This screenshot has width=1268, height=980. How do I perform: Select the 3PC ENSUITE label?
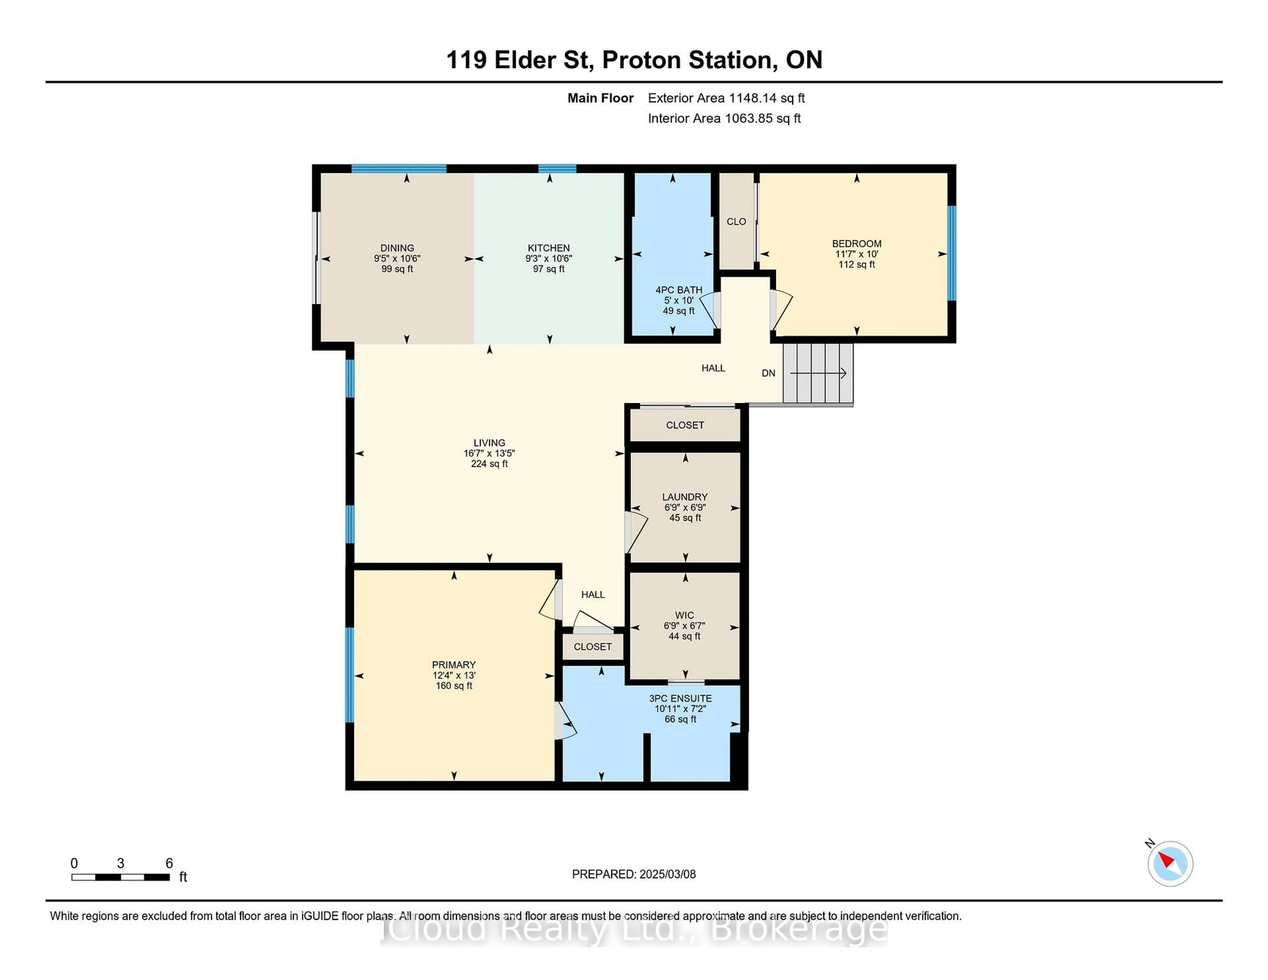click(x=680, y=698)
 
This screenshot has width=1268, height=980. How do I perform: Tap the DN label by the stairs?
click(x=768, y=373)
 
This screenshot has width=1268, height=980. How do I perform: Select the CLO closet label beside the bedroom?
click(x=736, y=222)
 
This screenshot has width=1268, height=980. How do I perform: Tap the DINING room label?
click(x=397, y=248)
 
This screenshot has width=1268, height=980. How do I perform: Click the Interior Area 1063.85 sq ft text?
click(x=724, y=119)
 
